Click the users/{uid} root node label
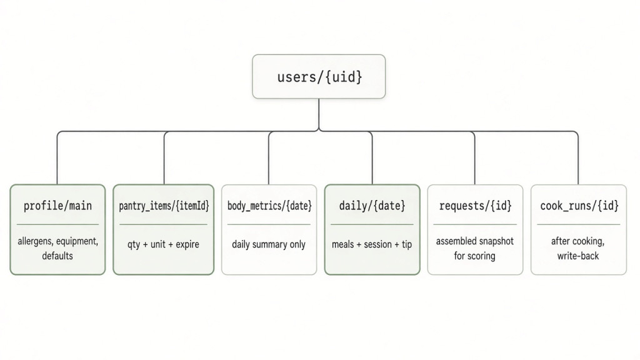click(x=319, y=77)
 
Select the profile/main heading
click(x=57, y=206)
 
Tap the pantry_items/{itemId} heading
click(x=164, y=206)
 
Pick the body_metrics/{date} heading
click(x=269, y=206)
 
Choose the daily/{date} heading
click(x=372, y=206)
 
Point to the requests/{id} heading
click(x=475, y=206)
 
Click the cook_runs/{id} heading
click(x=579, y=206)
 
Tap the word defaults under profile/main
click(x=57, y=256)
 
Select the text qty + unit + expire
click(x=163, y=244)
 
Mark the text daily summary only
click(x=269, y=244)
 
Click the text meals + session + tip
click(x=372, y=244)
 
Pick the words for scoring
click(x=475, y=256)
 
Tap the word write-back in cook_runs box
click(x=578, y=256)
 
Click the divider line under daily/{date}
click(x=372, y=224)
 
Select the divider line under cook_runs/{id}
click(x=578, y=224)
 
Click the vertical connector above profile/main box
click(x=57, y=158)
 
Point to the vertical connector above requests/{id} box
click(x=475, y=158)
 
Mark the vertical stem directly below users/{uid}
click(x=319, y=115)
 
